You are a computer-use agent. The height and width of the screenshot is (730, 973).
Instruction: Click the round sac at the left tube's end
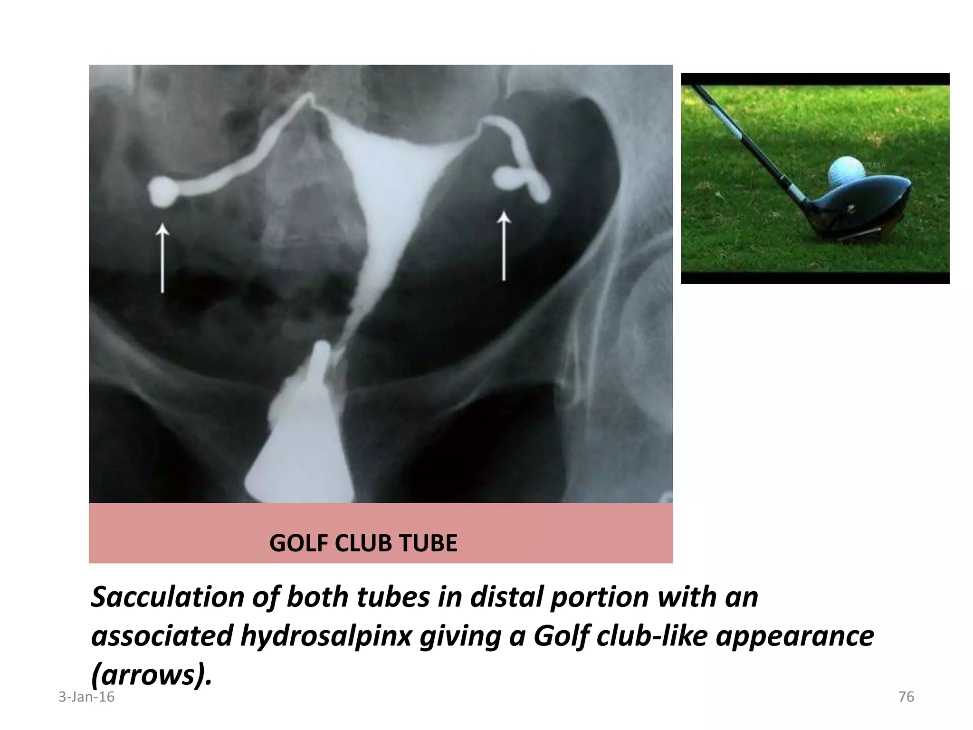click(x=162, y=191)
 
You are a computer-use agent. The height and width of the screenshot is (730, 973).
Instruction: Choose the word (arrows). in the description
click(x=151, y=674)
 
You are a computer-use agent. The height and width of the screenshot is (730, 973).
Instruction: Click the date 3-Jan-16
click(x=86, y=697)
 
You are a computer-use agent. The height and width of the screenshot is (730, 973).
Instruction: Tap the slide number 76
click(x=906, y=697)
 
